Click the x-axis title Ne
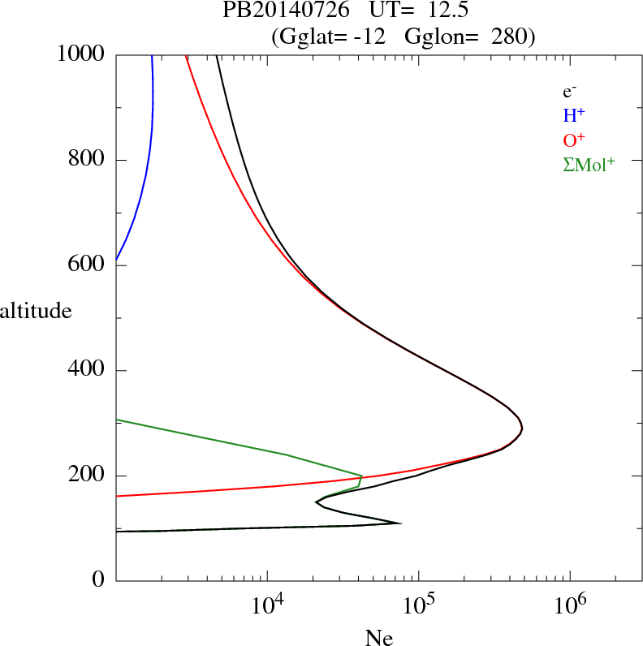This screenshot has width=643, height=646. [378, 638]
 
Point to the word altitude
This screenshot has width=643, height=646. [36, 311]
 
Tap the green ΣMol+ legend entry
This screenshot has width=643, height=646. [589, 164]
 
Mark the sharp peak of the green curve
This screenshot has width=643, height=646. [362, 476]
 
